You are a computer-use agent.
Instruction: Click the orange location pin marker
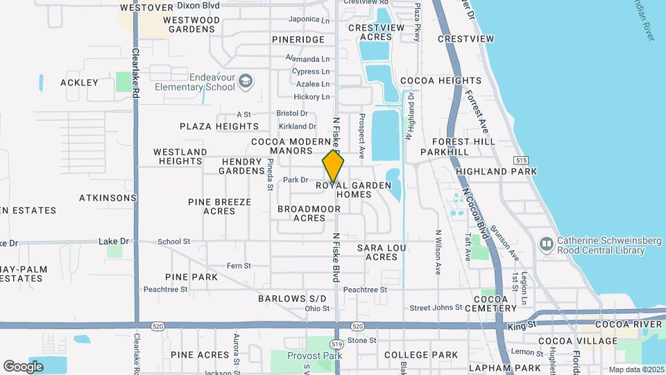(x=334, y=166)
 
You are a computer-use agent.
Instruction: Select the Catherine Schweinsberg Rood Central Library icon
(x=546, y=244)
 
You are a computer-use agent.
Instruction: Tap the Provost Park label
(x=315, y=355)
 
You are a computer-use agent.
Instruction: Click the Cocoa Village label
(x=587, y=341)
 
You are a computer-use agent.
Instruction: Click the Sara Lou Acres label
(x=382, y=252)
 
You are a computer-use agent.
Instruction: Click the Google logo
(x=24, y=366)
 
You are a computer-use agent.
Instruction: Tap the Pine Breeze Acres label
(x=219, y=206)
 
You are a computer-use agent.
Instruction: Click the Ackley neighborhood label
(x=79, y=83)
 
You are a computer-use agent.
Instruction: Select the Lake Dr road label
(x=114, y=241)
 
